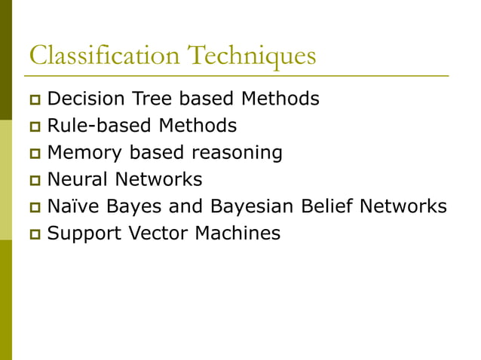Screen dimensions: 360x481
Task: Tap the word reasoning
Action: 237,153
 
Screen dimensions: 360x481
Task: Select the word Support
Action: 80,234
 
